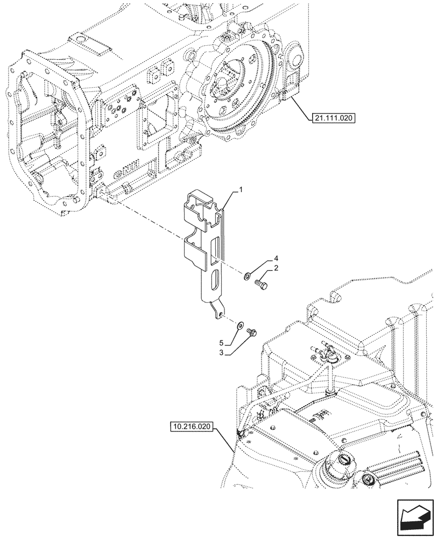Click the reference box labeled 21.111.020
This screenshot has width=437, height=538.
click(x=333, y=117)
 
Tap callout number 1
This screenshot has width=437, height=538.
click(x=242, y=190)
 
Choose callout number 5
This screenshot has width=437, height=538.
click(x=221, y=342)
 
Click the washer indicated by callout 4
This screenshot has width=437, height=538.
click(x=246, y=277)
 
